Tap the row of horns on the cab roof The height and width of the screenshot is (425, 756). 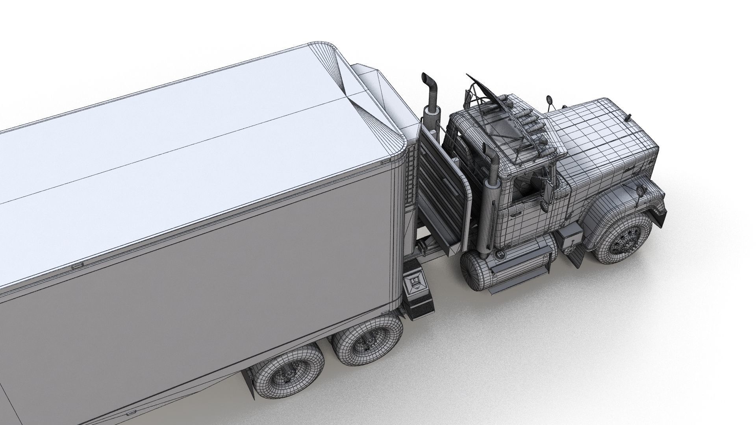tap(524, 118)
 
